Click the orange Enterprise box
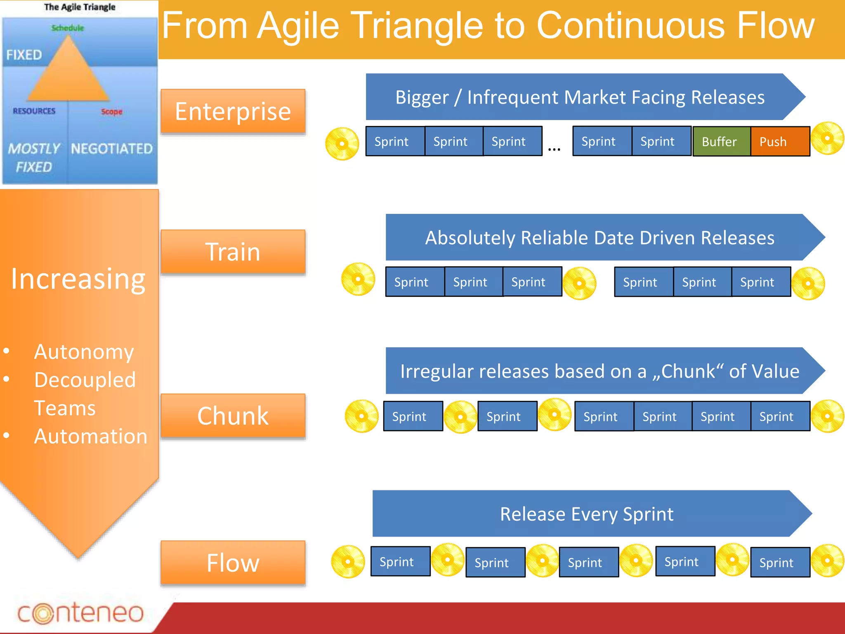(x=233, y=111)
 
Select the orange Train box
(x=233, y=252)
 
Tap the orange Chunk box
(x=233, y=416)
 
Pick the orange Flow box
(x=233, y=563)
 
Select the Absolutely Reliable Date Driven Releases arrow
(x=599, y=238)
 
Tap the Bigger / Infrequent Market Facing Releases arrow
(x=579, y=97)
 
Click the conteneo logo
(x=80, y=613)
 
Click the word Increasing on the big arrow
(x=78, y=279)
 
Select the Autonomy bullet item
(x=84, y=352)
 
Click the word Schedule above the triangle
(x=68, y=28)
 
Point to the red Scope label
(x=111, y=111)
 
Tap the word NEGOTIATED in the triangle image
(x=111, y=149)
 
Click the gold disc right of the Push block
(x=827, y=138)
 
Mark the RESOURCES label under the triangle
(x=34, y=111)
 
